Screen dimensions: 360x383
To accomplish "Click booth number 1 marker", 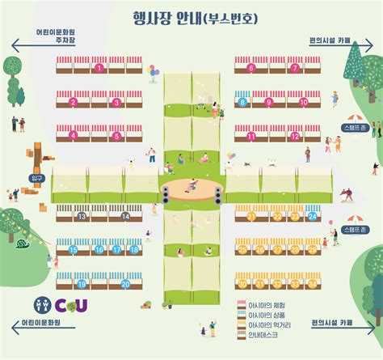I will (x=99, y=69).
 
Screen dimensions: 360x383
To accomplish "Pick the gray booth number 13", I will (x=82, y=217).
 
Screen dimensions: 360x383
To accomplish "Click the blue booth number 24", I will (x=313, y=217).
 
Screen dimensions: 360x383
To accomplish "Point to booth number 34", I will (x=313, y=284).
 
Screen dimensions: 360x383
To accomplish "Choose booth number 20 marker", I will (x=125, y=284).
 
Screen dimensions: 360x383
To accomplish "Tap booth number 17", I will (x=117, y=251).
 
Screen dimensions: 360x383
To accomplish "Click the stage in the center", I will (x=191, y=192).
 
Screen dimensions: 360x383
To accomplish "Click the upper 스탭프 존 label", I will (x=353, y=128).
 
